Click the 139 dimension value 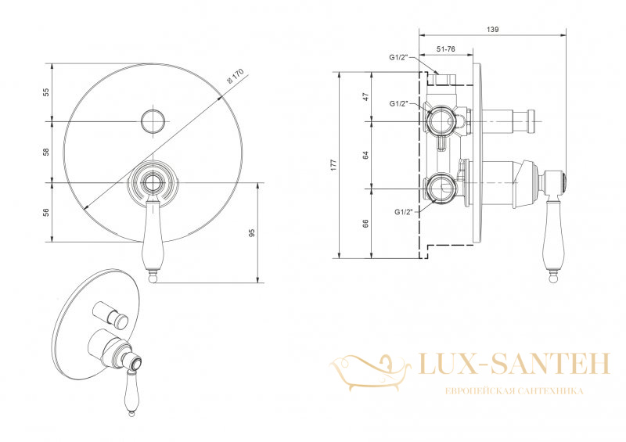coord(493,29)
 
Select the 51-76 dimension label coord(445,49)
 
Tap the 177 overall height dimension coord(334,165)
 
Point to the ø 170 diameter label coord(236,76)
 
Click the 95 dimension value coord(251,233)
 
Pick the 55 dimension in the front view coord(46,92)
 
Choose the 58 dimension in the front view coord(46,152)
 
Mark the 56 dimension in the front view coord(46,213)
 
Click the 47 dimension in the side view coord(365,97)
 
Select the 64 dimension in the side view coord(365,155)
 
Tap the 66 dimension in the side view coord(365,224)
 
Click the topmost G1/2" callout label coord(398,57)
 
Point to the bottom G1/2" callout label coord(403,212)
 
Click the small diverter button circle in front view coord(153,121)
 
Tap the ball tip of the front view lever coord(152,278)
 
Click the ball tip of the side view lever coord(553,277)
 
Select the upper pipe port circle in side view coord(441,120)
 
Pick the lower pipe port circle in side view coord(441,188)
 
